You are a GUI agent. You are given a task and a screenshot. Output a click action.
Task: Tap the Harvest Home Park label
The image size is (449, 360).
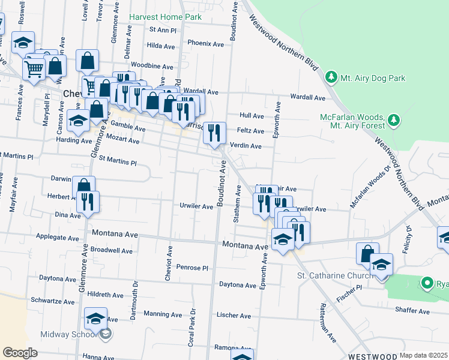click(x=165, y=17)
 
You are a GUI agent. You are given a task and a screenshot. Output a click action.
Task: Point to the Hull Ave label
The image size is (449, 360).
click(x=252, y=115)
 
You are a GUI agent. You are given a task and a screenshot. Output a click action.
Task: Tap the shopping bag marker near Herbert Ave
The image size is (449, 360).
click(x=83, y=187)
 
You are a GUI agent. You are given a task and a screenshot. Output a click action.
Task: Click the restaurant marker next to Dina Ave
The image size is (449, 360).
click(x=88, y=202)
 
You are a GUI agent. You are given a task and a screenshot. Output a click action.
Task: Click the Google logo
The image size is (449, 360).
click(x=20, y=352)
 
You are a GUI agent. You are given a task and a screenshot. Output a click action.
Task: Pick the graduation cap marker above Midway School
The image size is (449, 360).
click(x=95, y=319)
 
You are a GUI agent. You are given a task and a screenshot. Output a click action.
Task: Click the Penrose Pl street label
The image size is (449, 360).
click(x=191, y=267)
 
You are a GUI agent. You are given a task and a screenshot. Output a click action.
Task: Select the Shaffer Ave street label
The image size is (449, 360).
click(x=412, y=311)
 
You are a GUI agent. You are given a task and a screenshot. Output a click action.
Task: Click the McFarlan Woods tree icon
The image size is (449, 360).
click(x=394, y=121)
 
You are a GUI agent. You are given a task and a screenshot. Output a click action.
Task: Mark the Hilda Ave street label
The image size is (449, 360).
click(x=160, y=46)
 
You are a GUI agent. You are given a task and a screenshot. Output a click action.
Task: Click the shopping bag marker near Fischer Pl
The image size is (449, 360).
click(x=367, y=254)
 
